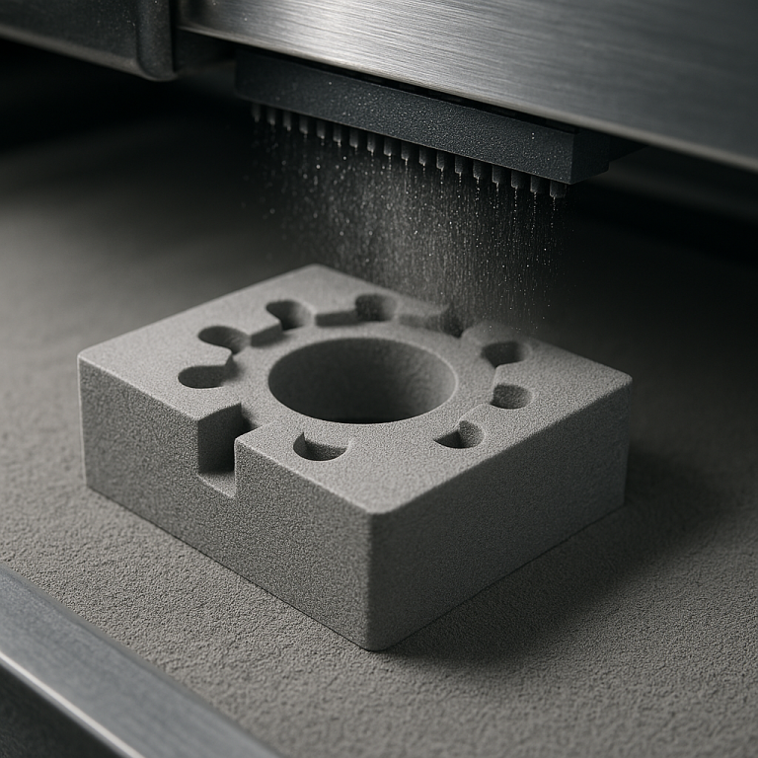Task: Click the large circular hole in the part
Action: (362, 379)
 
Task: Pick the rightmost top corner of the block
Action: (628, 379)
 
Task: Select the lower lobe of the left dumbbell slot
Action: (203, 376)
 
